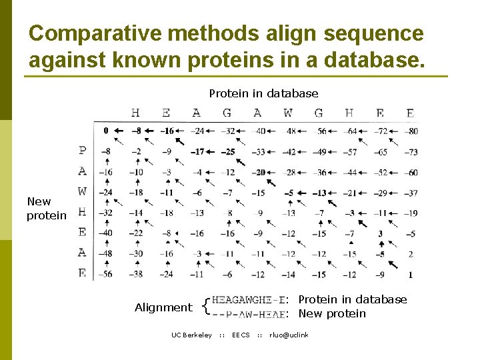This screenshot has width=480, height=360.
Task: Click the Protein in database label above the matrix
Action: pyautogui.click(x=263, y=93)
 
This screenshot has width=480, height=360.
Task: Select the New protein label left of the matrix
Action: pyautogui.click(x=47, y=208)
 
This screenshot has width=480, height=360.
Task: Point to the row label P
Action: pyautogui.click(x=82, y=151)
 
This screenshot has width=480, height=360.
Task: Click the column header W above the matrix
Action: pyautogui.click(x=287, y=113)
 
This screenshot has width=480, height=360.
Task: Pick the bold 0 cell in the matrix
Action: pyautogui.click(x=105, y=131)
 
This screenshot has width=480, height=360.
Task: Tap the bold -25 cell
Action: pyautogui.click(x=227, y=152)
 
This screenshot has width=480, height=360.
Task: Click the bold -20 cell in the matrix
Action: pyautogui.click(x=259, y=173)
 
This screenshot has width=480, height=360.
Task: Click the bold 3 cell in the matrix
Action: pyautogui.click(x=380, y=234)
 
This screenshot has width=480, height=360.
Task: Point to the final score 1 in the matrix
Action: pyautogui.click(x=411, y=274)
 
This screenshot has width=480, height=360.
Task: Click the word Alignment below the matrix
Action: pyautogui.click(x=163, y=307)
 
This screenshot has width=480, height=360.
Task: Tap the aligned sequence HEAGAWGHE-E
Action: pyautogui.click(x=249, y=300)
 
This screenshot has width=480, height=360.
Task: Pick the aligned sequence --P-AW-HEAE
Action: pyautogui.click(x=249, y=314)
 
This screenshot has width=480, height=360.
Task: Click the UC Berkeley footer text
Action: pyautogui.click(x=191, y=335)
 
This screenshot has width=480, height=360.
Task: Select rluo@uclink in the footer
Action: pyautogui.click(x=289, y=335)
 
